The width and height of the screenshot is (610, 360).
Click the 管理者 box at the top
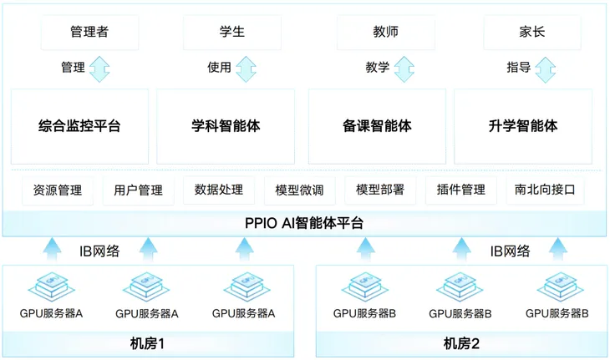[x=88, y=33]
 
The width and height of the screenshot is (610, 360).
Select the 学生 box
[x=231, y=33]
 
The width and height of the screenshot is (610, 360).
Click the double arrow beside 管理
[x=99, y=68]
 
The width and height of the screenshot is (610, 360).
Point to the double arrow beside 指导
[x=545, y=68]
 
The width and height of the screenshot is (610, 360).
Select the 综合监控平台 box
[x=79, y=126]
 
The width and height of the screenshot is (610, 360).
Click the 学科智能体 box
[x=226, y=126]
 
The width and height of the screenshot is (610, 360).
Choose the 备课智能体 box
[x=377, y=126]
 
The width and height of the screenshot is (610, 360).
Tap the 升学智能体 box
[x=523, y=126]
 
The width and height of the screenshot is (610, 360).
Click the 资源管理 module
[x=58, y=190]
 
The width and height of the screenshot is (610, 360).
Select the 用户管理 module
[x=138, y=190]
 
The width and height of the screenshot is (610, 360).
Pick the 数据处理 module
[x=219, y=190]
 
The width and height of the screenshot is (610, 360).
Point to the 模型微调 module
[x=299, y=190]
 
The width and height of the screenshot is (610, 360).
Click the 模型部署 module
[x=380, y=190]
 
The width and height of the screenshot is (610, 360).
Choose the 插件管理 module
[x=460, y=190]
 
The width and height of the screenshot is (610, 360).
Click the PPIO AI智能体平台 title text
[x=304, y=223]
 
